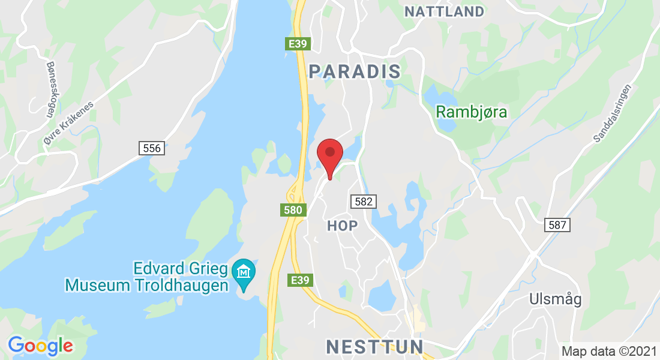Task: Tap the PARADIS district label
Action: click(355, 71)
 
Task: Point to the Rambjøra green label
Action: click(472, 112)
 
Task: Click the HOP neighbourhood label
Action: click(343, 226)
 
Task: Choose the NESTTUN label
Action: click(375, 346)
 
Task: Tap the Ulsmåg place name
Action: click(556, 299)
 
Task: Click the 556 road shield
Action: click(152, 148)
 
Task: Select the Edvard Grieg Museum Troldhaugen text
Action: click(148, 277)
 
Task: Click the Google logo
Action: click(41, 346)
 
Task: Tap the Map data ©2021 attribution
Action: click(608, 351)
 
